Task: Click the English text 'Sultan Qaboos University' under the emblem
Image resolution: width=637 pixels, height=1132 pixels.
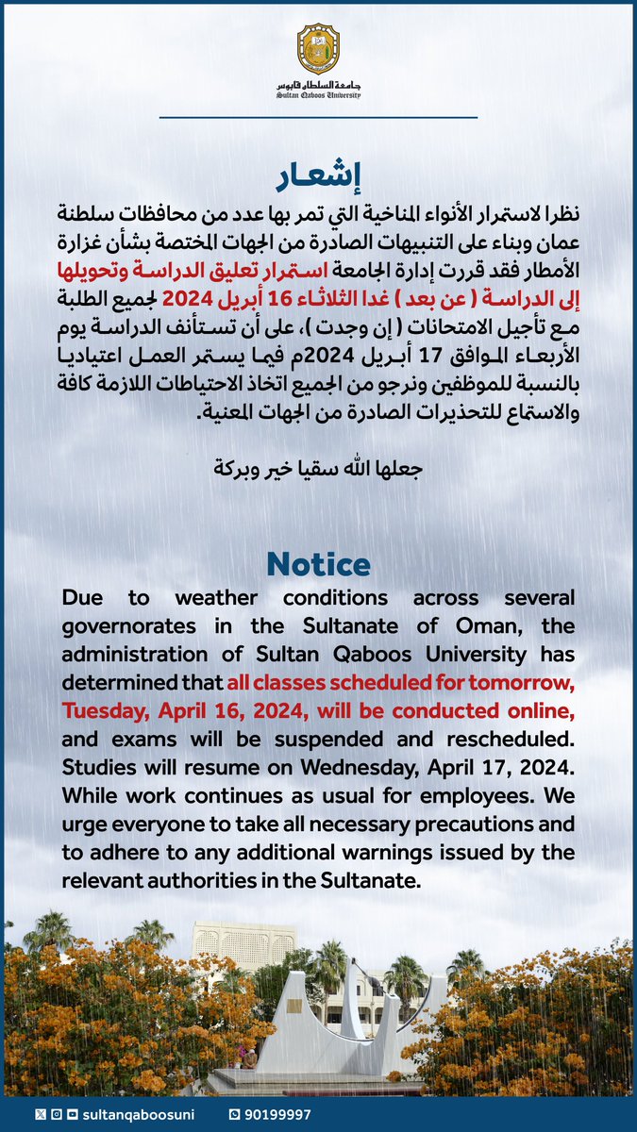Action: (318, 95)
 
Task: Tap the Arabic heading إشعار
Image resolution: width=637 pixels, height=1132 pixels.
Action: (318, 176)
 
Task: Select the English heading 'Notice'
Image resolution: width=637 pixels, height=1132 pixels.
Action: (318, 563)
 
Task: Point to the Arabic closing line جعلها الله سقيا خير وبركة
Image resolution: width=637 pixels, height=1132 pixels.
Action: (318, 467)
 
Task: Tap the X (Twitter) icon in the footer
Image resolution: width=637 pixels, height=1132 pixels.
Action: (39, 1115)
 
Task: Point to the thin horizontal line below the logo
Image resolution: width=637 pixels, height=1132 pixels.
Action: (318, 117)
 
